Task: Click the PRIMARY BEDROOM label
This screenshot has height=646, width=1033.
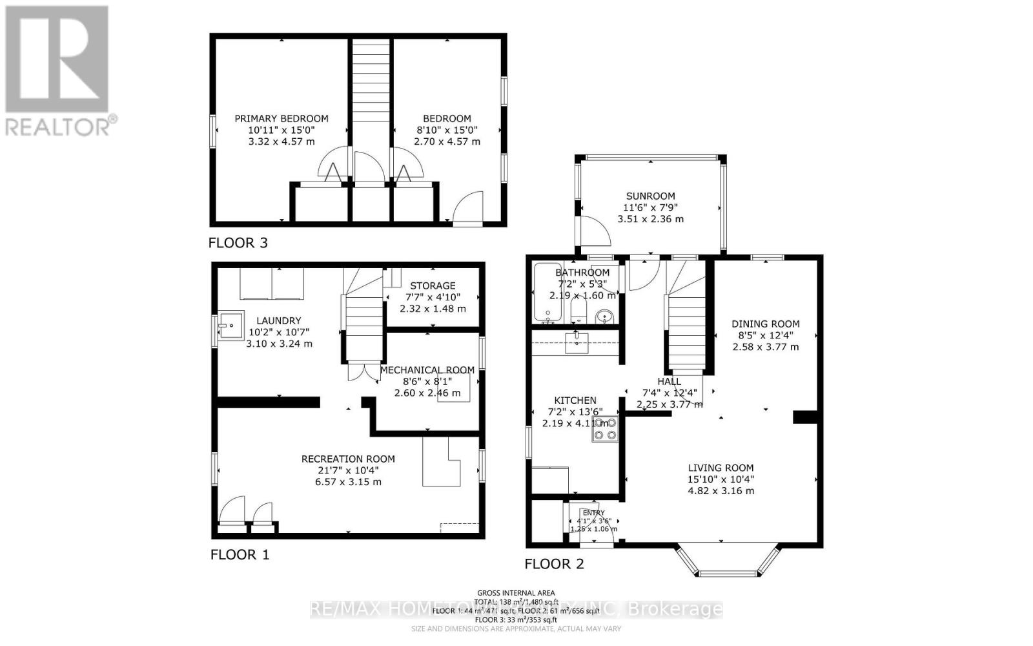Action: coord(281,119)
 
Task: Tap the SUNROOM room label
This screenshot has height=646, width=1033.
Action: coord(650,196)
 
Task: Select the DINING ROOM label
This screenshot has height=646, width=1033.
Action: coord(765,324)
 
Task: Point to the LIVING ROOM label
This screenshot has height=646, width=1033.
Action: coord(721,468)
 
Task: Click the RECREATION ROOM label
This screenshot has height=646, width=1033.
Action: coord(348,459)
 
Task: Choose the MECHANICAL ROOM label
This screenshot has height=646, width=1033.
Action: coord(427,370)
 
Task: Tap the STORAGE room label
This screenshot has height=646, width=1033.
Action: coord(433,286)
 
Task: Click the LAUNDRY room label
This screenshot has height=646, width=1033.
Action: coord(278,320)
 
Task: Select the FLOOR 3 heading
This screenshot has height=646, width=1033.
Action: coord(238,243)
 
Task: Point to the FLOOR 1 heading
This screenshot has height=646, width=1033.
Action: coord(240,554)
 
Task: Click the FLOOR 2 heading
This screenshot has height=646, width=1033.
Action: coord(554,564)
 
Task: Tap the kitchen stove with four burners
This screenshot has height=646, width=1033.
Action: coord(605,429)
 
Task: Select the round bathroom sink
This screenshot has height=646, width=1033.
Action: coord(604,317)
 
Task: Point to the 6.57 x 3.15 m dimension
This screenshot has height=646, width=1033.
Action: coord(348,482)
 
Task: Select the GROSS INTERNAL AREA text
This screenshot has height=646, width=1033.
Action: coord(515,593)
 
